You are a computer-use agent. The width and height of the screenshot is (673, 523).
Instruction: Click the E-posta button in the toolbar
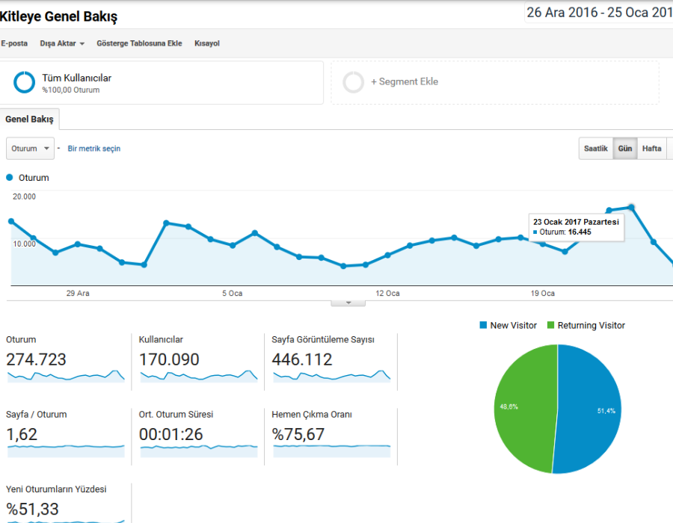(x=14, y=43)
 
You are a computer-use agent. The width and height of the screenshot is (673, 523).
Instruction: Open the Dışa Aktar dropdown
(x=62, y=43)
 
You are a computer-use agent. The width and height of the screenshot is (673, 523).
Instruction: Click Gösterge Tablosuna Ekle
(x=139, y=43)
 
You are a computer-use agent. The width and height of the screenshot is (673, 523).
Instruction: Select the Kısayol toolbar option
(x=207, y=43)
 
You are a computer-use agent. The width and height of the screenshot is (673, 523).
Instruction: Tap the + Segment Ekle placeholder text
(x=405, y=81)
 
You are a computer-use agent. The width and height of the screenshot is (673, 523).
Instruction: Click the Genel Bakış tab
(x=29, y=120)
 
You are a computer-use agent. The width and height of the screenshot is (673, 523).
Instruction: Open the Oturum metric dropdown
(x=30, y=149)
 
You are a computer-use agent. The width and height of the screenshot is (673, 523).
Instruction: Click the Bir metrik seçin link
(x=94, y=149)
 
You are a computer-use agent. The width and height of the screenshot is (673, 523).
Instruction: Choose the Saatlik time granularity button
(x=596, y=149)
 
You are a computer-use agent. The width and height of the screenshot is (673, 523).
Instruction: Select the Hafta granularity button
(x=651, y=149)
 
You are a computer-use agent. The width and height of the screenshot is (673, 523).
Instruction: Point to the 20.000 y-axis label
(x=24, y=196)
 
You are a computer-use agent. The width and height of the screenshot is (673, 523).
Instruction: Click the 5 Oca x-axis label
(x=233, y=293)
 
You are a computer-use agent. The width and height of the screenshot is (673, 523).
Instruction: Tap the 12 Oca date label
(x=387, y=293)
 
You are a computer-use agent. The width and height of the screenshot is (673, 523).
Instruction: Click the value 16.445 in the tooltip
(x=580, y=232)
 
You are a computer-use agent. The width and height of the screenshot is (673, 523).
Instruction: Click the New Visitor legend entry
(x=508, y=325)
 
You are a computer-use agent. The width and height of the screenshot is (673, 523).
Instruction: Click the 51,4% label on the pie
(x=606, y=411)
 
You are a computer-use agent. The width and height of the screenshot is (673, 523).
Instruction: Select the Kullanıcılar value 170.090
(x=169, y=359)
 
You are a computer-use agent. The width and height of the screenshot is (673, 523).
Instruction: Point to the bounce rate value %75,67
(x=298, y=434)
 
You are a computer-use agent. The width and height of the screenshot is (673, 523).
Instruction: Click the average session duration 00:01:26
(x=170, y=434)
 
